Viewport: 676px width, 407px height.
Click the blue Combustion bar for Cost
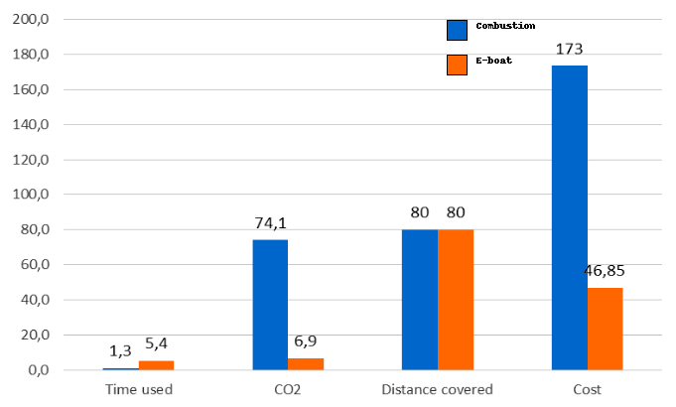coord(570,217)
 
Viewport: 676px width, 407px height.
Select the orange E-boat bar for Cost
coord(605,329)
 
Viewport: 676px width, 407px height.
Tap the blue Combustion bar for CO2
coord(270,304)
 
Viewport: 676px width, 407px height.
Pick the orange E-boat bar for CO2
coord(306,363)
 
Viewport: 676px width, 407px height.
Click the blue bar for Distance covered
coord(419,299)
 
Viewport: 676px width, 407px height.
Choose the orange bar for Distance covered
coord(456,299)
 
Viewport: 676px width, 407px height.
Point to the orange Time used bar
coord(156,364)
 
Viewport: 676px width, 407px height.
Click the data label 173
coord(570,49)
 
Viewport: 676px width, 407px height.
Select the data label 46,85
coord(605,270)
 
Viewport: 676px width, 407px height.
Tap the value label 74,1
coord(270,223)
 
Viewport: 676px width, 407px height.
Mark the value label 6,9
coord(306,340)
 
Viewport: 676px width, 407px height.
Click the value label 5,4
coord(157,343)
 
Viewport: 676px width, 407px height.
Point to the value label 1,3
coord(121,350)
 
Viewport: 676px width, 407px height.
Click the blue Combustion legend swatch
coord(457,30)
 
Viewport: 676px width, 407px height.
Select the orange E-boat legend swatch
coord(457,65)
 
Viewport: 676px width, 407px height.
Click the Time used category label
coord(138,389)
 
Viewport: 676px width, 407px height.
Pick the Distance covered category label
coord(437,389)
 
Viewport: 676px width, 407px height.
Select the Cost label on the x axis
coord(587,389)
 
